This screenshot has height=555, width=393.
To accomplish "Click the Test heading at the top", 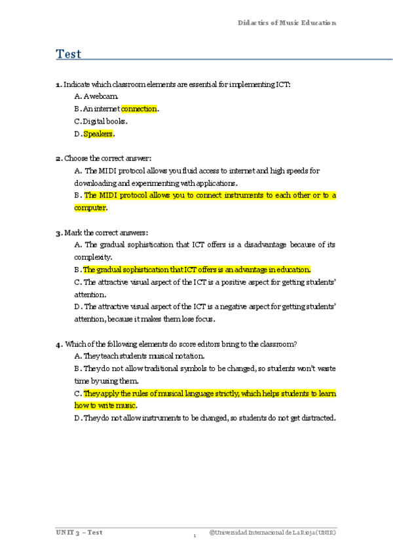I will [69, 54].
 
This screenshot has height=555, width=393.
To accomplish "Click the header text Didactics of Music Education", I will [287, 23].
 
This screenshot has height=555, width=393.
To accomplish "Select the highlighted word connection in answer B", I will [140, 109].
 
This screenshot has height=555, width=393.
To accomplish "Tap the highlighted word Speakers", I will [98, 134].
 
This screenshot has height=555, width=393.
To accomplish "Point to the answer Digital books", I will [105, 122].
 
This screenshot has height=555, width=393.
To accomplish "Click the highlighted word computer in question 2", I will [90, 208].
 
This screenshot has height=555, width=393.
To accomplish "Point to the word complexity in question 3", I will [93, 257].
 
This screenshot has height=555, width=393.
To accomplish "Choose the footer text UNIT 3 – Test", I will [79, 533].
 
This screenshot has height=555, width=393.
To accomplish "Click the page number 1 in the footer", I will [195, 537].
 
